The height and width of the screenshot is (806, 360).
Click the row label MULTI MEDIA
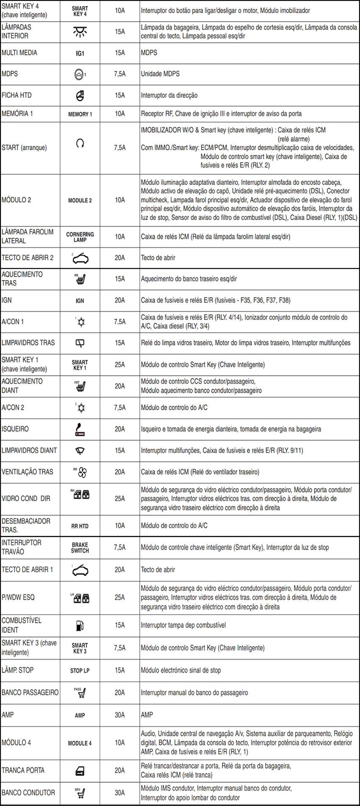point(19,53)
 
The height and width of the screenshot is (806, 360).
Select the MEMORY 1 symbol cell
point(80,114)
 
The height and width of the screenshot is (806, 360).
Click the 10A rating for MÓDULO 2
point(120,200)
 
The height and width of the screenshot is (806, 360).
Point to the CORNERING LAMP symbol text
point(80,237)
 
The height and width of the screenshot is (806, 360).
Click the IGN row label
point(7,300)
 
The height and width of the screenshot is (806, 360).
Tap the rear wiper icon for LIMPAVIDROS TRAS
point(80,343)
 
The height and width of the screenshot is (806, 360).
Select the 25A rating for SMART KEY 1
point(120,364)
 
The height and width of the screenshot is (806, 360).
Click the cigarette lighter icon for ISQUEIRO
point(80,429)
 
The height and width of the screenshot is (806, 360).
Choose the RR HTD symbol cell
point(80,526)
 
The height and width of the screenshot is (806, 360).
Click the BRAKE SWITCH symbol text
point(80,548)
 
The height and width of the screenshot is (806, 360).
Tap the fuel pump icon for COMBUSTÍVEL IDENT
point(80,625)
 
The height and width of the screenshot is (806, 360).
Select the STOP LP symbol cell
point(80,671)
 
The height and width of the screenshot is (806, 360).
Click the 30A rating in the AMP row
point(120,715)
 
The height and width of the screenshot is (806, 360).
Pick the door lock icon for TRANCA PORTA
point(80,770)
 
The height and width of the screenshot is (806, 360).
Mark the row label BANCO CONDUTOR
point(28,792)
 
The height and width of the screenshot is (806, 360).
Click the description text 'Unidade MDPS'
point(160,74)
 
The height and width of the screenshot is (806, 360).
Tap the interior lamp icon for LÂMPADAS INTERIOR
point(80,31)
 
